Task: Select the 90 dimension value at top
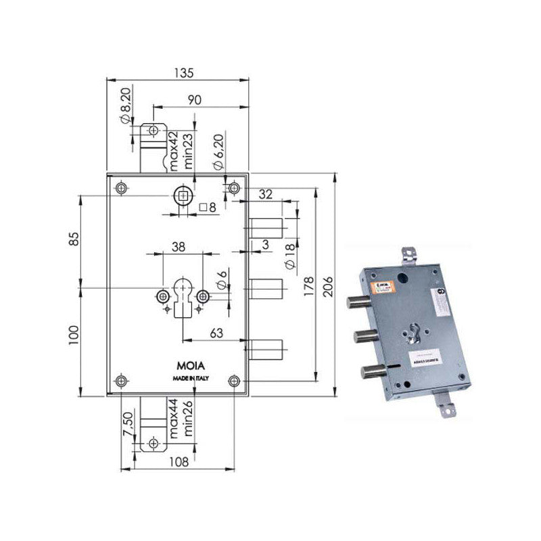[x=194, y=99]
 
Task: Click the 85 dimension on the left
[x=75, y=239]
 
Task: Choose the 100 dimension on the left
[x=75, y=333]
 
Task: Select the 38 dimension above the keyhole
[x=179, y=248]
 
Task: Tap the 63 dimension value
[x=216, y=332]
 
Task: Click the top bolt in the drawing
[x=266, y=227]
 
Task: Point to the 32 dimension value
[x=265, y=195]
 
